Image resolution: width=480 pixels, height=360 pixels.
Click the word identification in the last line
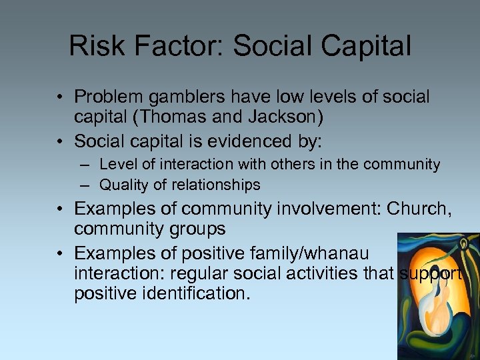coord(193,294)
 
